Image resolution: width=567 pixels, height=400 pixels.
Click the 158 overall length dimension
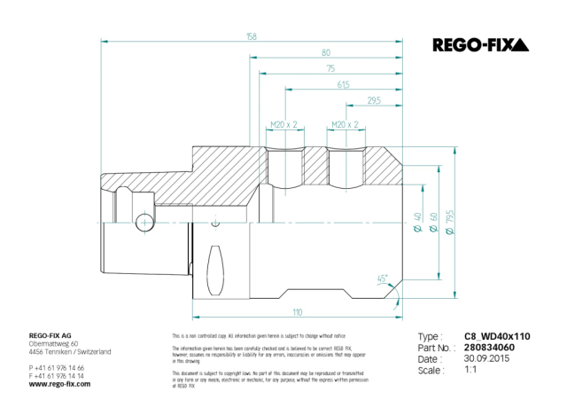point(251,36)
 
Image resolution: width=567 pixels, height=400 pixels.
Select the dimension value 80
point(325,52)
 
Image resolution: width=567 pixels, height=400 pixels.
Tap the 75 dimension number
point(330,68)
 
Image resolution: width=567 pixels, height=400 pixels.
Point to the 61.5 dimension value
point(343,84)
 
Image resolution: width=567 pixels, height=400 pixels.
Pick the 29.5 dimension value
point(373,101)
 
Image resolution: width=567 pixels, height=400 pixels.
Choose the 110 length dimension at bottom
point(298,311)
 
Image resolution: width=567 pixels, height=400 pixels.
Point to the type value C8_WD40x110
point(496,337)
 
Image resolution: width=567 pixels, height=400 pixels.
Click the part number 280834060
point(490,349)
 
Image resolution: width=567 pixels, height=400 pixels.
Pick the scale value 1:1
point(472,371)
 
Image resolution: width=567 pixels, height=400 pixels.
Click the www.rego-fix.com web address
point(58,384)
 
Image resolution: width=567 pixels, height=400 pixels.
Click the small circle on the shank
point(143,222)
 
